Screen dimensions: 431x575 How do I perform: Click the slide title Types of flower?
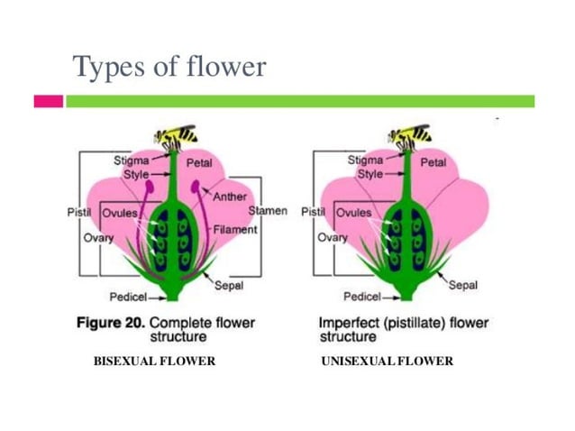coord(169,66)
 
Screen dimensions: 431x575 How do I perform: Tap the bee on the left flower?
coord(176,136)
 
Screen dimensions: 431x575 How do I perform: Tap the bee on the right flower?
coord(410,136)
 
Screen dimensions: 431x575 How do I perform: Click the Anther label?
coord(230,197)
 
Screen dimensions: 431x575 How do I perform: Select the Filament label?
coord(235,229)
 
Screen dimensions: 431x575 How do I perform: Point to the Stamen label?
coord(268,211)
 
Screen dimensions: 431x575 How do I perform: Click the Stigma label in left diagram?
coord(131,160)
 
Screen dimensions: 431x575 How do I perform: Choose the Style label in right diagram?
coord(370,174)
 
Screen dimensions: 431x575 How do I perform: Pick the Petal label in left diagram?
coord(199,164)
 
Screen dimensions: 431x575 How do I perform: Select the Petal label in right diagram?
coord(433,163)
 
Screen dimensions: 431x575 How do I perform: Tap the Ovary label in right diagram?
coord(333,238)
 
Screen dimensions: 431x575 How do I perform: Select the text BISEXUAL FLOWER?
coord(154,362)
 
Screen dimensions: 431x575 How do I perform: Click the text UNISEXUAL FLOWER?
coord(387,362)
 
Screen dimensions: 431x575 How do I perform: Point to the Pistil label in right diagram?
coord(313,212)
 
